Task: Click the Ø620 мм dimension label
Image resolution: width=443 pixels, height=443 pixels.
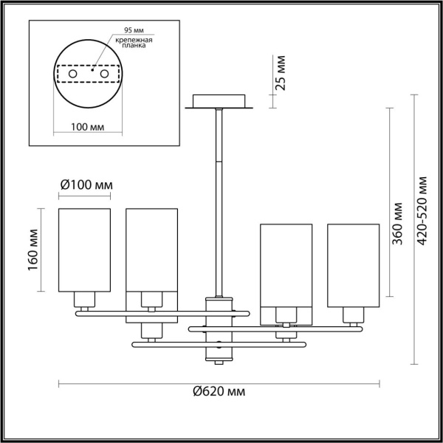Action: (219, 391)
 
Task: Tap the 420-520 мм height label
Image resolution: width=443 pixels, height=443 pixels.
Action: (422, 212)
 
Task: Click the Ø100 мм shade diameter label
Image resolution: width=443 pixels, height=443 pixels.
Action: (84, 185)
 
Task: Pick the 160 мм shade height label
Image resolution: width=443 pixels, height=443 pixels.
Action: (34, 251)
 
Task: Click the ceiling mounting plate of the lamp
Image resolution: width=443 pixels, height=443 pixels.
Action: (220, 101)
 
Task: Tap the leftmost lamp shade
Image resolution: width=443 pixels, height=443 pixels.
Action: (85, 250)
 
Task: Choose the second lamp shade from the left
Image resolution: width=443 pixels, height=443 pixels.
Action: (152, 250)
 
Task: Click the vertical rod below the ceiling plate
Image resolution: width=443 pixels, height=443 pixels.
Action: (220, 199)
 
